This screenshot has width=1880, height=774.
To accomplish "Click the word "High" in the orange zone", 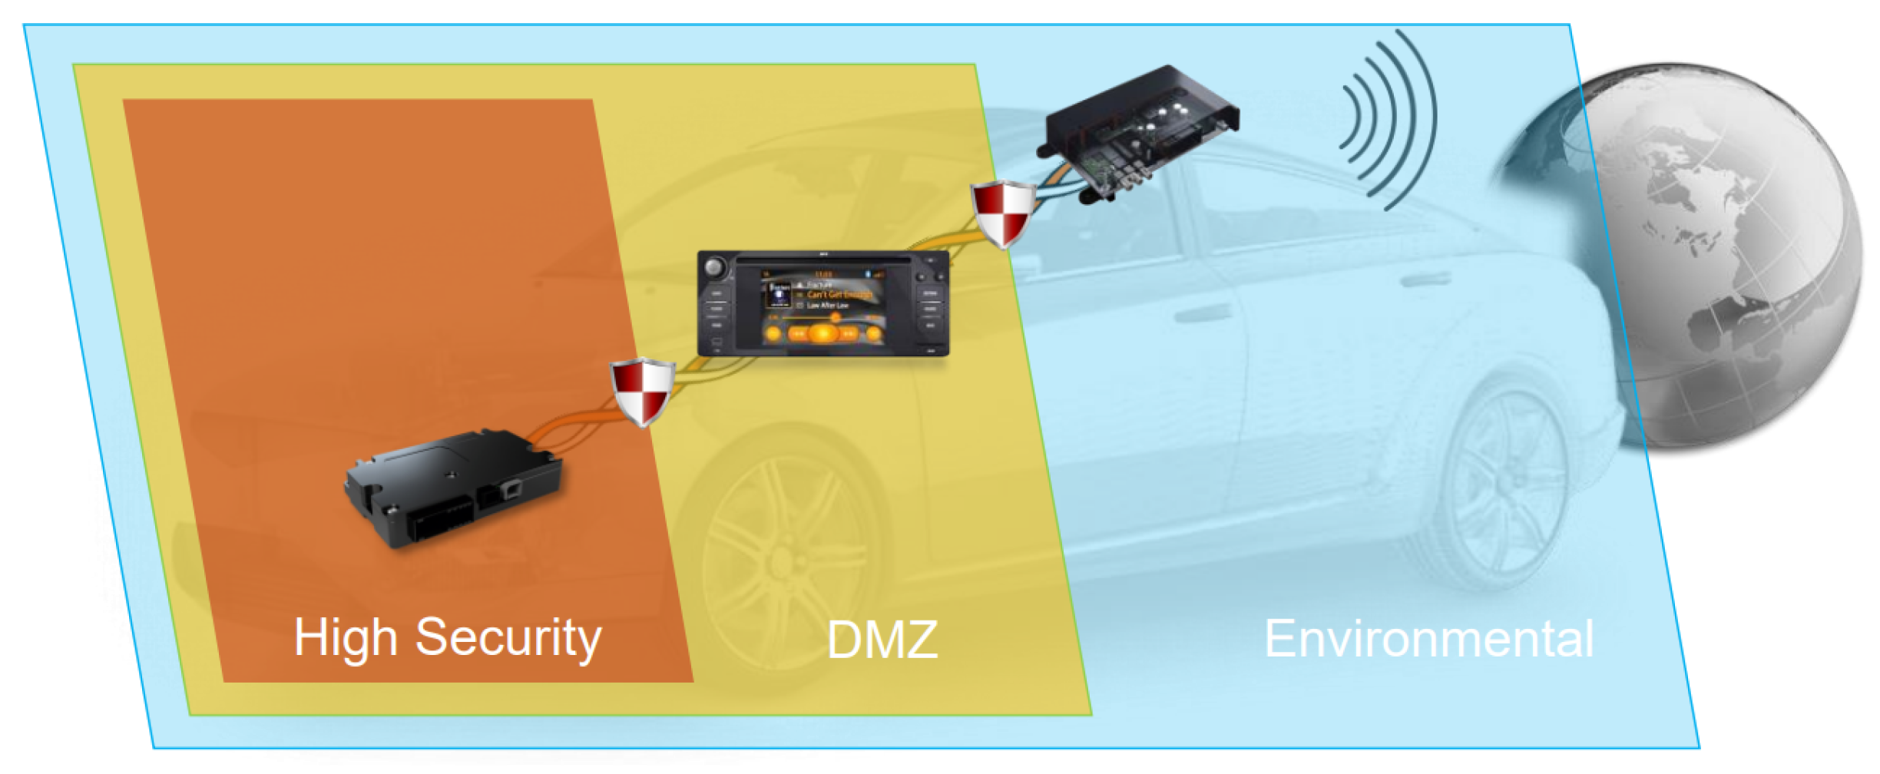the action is (346, 638).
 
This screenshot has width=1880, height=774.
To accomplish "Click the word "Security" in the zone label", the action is (508, 638).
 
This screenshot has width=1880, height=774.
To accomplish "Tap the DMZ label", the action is (882, 640).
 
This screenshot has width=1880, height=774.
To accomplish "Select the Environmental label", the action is (1428, 638).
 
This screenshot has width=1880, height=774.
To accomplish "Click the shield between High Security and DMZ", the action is (642, 391).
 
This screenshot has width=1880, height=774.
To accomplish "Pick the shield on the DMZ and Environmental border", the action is (1002, 213).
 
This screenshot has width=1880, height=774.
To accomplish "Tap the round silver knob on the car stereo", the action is (716, 269).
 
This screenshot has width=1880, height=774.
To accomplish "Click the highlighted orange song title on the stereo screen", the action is (839, 294).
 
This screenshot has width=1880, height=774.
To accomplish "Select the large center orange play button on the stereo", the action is (822, 333).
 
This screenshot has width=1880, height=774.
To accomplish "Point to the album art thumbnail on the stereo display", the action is (779, 294).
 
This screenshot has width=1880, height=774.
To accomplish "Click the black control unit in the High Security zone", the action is (453, 488).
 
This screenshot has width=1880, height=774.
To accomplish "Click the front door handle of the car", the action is (1203, 313).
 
